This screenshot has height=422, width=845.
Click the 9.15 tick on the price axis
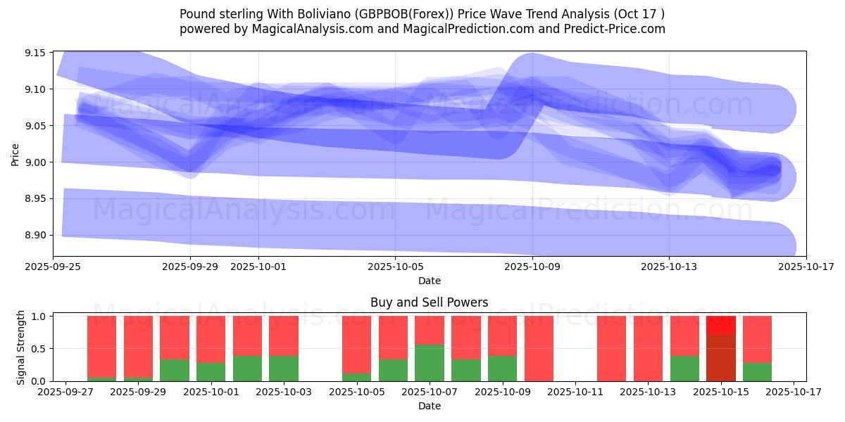point(36,53)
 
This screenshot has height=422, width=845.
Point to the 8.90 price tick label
point(36,236)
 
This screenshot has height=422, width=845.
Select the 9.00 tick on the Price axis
point(36,162)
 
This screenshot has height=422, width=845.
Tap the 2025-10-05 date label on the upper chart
point(395,267)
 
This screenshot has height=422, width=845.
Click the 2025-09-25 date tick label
point(54,267)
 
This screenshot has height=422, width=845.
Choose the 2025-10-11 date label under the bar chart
point(575,392)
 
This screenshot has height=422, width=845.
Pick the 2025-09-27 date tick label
point(65,392)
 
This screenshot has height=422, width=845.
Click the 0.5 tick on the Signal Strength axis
point(39,349)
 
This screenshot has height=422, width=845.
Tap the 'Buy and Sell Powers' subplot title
point(429,303)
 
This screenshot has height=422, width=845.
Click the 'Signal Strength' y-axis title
point(21,347)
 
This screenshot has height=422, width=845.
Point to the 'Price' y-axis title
point(15,154)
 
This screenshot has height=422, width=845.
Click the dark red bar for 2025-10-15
point(720,358)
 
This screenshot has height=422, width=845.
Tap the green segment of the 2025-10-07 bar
point(430,363)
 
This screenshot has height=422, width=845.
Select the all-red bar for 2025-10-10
point(539,349)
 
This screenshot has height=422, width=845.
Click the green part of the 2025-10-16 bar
point(757,372)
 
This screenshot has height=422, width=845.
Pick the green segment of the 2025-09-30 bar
point(175,371)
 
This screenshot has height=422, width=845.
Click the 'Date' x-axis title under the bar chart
point(429,406)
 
